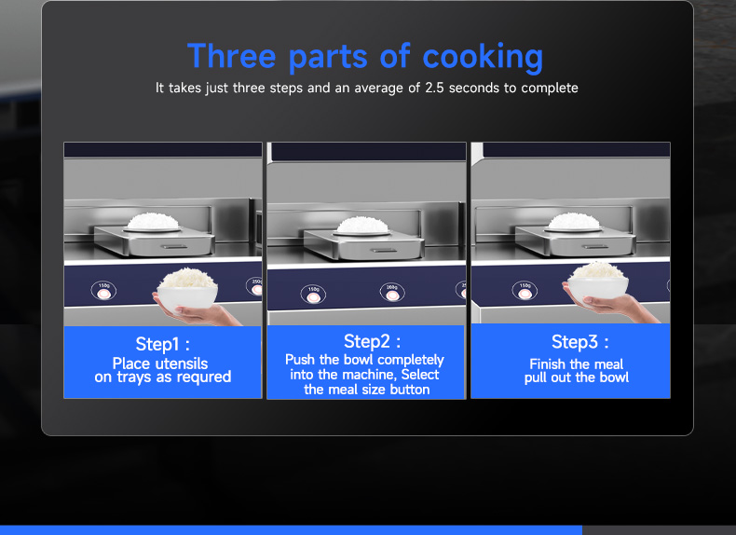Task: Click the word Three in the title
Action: (231, 56)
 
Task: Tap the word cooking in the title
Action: (483, 58)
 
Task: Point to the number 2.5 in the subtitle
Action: (434, 88)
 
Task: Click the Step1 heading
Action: (162, 344)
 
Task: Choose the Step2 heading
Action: (372, 342)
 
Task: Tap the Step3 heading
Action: (579, 342)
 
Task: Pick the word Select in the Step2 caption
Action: (420, 375)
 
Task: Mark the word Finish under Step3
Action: (547, 364)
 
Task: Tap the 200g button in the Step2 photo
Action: (392, 293)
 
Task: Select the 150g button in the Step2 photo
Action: (313, 294)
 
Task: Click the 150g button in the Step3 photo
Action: (525, 291)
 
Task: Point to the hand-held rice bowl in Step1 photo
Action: (187, 290)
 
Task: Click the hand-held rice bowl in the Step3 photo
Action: (597, 284)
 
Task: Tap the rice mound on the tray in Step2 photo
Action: (361, 225)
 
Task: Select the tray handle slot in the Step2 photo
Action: (383, 250)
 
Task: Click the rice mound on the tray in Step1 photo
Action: (153, 221)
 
